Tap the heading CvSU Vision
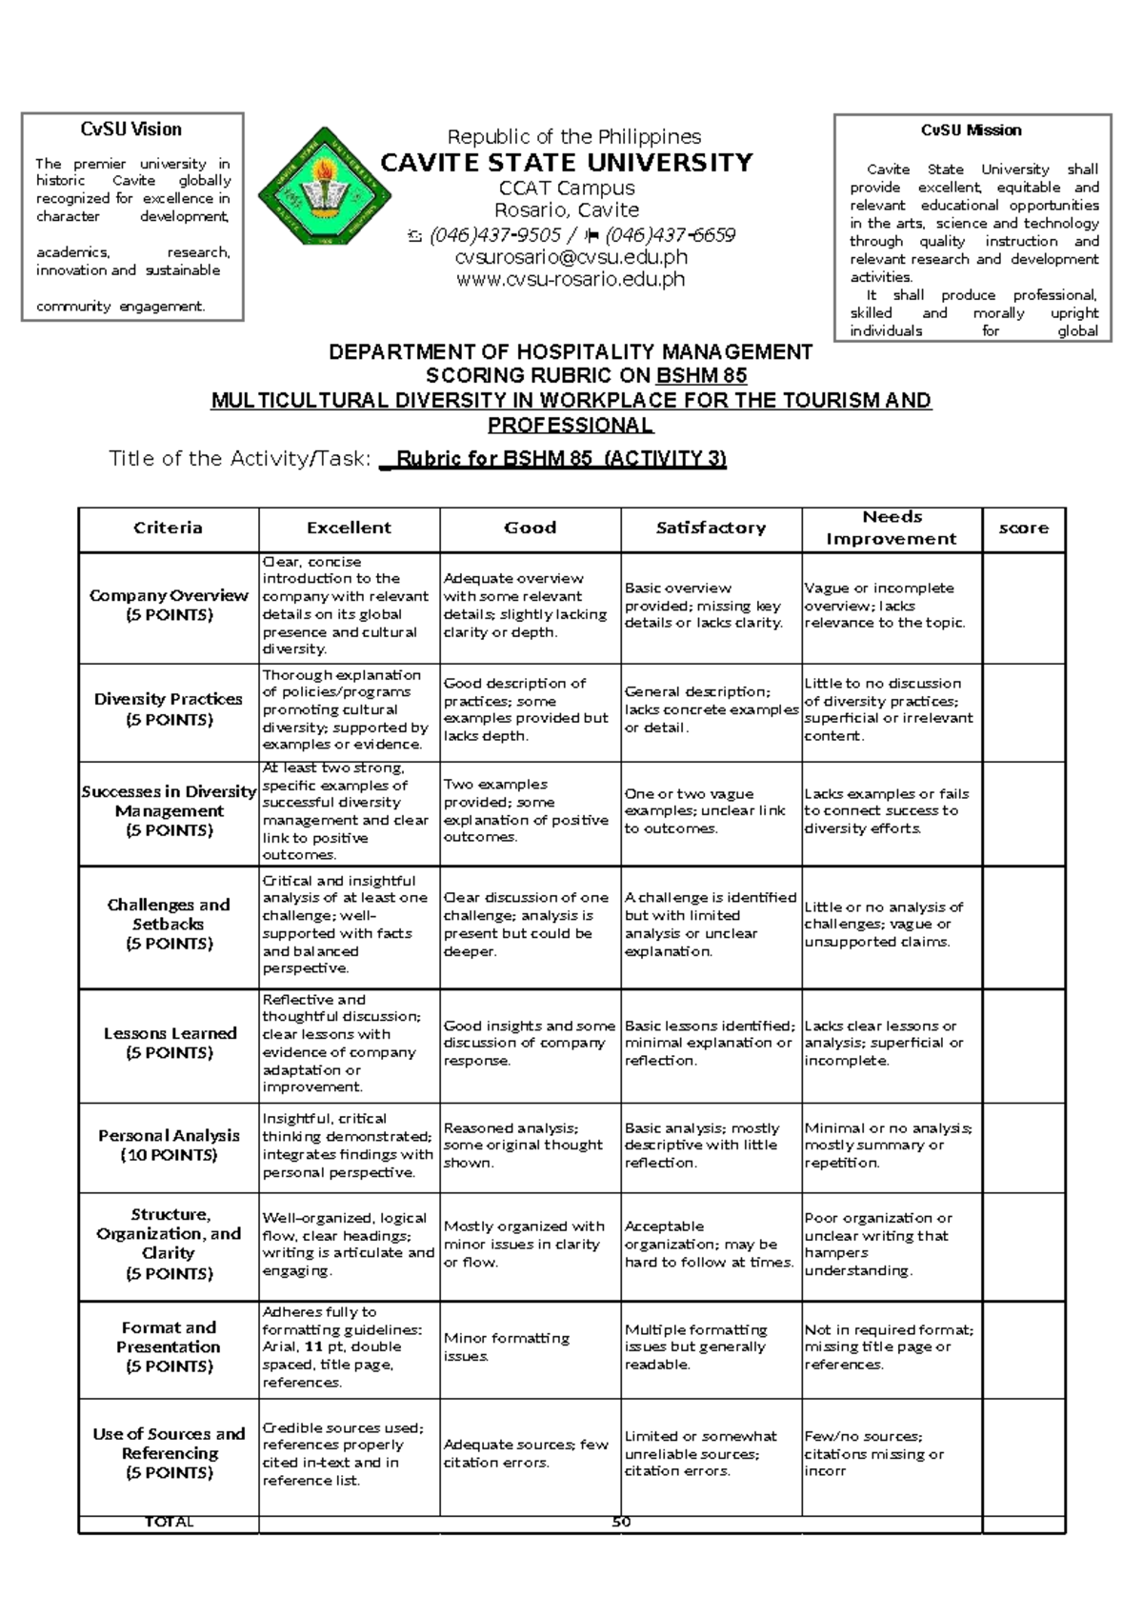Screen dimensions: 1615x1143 coord(131,130)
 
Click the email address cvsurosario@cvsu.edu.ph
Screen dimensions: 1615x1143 coord(571,257)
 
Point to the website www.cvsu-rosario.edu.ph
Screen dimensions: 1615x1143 coord(571,280)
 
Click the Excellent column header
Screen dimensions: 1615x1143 coord(349,528)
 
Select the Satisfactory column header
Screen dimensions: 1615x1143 coord(711,528)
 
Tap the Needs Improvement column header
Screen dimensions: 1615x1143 coord(892,528)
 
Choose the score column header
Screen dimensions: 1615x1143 coord(1023,528)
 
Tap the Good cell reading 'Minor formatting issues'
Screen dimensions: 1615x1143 coord(507,1346)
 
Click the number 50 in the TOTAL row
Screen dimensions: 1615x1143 coord(621,1523)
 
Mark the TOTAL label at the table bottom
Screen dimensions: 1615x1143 coord(169,1523)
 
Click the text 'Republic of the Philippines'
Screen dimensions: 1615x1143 coord(574,137)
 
